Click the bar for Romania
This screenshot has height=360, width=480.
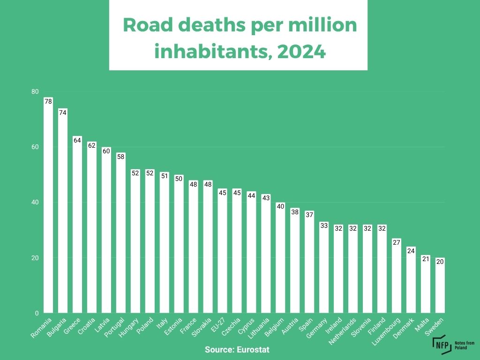click(48, 206)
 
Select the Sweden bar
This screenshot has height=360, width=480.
click(440, 286)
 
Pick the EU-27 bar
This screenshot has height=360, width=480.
click(223, 251)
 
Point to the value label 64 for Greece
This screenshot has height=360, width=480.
click(77, 140)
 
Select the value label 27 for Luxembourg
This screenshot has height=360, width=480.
click(397, 242)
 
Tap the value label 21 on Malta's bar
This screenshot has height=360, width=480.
click(425, 259)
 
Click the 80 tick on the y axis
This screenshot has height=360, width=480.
click(35, 92)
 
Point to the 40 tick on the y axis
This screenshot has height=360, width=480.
click(35, 202)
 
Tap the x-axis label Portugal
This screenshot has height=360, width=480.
click(115, 329)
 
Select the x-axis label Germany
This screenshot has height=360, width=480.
click(317, 329)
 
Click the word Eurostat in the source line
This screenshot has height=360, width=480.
click(254, 350)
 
